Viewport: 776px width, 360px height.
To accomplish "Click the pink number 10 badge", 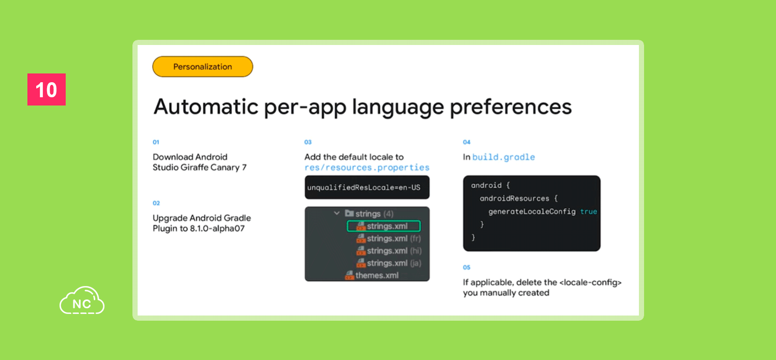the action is point(47,89).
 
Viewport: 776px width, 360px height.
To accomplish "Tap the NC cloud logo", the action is point(82,301).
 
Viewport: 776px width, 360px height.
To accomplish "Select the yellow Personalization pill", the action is point(203,67).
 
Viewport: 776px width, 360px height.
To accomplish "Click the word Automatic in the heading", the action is point(206,107).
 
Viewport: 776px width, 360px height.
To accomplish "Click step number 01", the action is point(156,142).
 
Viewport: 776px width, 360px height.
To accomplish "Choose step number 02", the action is point(156,203).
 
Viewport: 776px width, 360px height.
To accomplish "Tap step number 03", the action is point(308,142).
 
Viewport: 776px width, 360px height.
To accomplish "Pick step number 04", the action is point(467,142).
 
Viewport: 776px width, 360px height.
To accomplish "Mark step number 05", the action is point(467,267).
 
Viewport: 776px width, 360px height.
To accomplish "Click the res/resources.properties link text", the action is point(367,168).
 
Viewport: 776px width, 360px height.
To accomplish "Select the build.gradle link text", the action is point(504,157).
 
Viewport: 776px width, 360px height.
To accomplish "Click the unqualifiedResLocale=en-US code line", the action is point(364,187).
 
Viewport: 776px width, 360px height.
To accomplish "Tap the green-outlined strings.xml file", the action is point(384,226).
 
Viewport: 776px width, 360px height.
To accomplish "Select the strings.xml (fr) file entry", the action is point(389,238).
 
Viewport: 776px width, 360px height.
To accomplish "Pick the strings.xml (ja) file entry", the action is point(389,263).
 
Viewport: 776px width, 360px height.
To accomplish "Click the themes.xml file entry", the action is point(372,276).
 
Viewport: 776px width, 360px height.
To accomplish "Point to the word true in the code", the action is point(589,212).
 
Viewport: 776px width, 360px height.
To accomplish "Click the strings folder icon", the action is point(349,213).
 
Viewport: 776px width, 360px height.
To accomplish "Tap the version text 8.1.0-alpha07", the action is point(217,229).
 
